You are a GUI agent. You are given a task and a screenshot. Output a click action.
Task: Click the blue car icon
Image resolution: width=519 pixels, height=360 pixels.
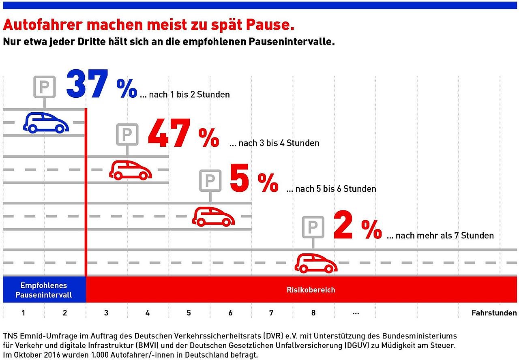tap(46, 122)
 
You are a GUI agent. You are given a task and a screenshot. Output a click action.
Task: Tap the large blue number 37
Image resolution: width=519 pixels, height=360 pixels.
tap(88, 84)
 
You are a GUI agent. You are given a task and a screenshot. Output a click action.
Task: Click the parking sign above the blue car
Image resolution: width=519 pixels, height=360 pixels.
tap(44, 86)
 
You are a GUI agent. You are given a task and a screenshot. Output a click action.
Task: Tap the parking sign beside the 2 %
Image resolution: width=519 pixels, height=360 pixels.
tap(313, 227)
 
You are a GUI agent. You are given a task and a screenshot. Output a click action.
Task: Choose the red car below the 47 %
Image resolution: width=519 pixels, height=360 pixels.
tap(131, 170)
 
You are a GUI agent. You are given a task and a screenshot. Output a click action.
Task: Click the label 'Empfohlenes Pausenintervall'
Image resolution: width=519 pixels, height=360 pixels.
tap(44, 290)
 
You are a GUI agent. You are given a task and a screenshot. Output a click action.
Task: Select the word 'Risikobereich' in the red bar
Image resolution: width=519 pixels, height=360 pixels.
tap(311, 290)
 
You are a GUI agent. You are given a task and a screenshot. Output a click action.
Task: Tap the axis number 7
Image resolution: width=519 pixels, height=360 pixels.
tap(271, 313)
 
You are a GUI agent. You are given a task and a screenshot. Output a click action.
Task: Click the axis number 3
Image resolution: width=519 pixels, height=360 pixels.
tap(106, 313)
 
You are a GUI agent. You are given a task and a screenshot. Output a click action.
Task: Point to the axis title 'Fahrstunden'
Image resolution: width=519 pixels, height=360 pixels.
tap(494, 313)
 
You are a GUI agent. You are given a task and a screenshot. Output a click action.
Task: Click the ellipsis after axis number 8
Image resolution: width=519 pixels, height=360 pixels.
tap(356, 313)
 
